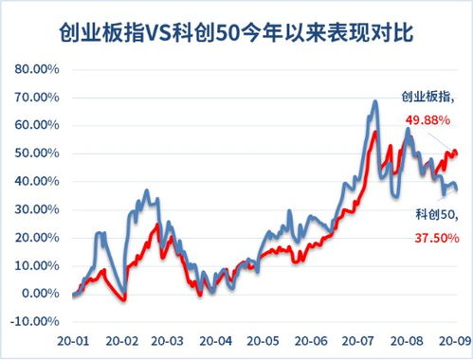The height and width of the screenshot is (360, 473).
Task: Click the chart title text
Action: pyautogui.click(x=236, y=36)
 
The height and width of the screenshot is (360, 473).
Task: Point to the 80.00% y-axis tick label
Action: pyautogui.click(x=37, y=69)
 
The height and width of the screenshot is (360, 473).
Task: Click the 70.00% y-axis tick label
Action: pyautogui.click(x=37, y=98)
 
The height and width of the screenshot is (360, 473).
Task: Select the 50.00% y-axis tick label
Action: pyautogui.click(x=37, y=153)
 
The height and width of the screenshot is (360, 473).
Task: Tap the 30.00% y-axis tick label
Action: pyautogui.click(x=37, y=209)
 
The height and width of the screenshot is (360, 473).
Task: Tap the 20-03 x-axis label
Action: pyautogui.click(x=167, y=339)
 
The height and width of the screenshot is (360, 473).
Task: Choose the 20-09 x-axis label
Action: pyautogui.click(x=446, y=339)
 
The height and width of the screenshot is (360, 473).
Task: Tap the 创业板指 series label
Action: pyautogui.click(x=428, y=97)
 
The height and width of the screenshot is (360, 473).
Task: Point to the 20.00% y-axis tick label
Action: pyautogui.click(x=37, y=237)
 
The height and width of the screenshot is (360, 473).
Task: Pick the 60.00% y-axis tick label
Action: pyautogui.click(x=37, y=125)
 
